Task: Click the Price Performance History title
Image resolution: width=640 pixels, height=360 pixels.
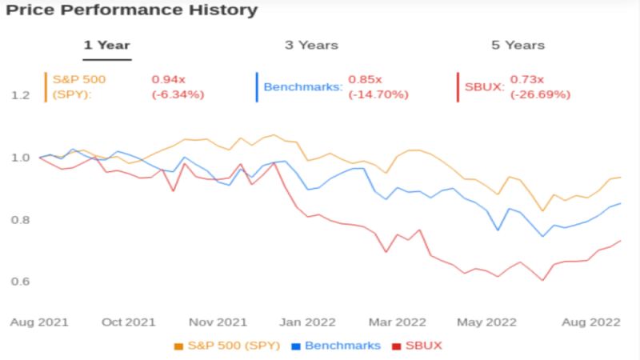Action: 132,10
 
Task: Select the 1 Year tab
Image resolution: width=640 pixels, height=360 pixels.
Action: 107,45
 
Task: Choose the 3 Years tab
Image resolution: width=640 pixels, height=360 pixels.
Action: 311,45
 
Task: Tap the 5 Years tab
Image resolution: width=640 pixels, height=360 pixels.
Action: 518,45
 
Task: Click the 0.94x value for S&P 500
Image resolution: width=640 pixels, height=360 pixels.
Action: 169,79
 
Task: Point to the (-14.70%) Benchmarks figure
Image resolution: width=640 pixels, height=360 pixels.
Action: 378,94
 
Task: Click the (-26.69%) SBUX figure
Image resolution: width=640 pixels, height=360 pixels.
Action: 541,94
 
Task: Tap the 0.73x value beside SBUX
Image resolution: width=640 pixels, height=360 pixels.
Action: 527,79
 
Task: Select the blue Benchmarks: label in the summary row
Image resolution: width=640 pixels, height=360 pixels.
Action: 303,87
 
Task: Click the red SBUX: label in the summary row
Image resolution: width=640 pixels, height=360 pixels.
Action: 485,87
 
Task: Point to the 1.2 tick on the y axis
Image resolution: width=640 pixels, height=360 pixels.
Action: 21,95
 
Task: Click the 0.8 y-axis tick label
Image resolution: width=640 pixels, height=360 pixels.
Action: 21,220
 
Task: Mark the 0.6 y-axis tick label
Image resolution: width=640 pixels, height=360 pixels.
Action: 21,282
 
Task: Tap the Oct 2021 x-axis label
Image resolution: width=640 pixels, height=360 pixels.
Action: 129,322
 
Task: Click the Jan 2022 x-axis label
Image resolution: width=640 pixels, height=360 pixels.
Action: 307,322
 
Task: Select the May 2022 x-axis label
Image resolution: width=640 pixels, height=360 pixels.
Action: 486,322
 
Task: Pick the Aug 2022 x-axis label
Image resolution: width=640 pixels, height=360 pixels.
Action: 591,322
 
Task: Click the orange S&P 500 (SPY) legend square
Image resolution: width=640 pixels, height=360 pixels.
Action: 178,346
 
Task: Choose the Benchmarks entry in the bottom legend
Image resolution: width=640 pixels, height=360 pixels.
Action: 336,346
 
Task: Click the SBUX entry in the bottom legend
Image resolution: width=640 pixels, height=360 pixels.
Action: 417,346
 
